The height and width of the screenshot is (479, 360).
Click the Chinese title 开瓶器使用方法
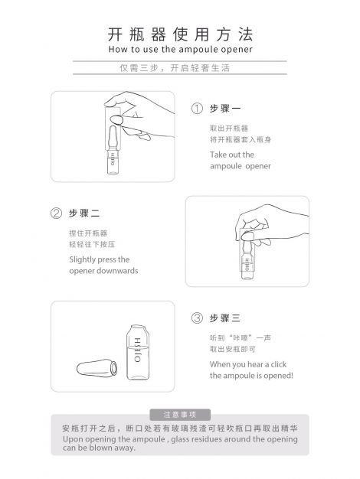click(x=180, y=34)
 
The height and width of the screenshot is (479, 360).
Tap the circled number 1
click(x=197, y=109)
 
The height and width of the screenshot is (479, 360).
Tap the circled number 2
click(x=56, y=213)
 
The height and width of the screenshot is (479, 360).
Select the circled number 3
click(x=197, y=318)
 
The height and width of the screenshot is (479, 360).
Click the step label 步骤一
click(x=225, y=109)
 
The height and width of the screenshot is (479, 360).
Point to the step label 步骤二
click(x=84, y=213)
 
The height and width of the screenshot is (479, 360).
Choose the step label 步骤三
click(x=225, y=318)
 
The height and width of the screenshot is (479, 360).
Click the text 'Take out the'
click(x=232, y=155)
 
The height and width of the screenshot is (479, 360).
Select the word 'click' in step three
click(x=278, y=364)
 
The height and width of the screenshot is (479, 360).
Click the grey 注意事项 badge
click(x=180, y=415)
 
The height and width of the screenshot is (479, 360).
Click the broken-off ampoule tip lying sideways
click(x=97, y=368)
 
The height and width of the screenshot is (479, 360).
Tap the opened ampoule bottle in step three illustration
click(x=138, y=352)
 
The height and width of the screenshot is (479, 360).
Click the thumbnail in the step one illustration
click(x=116, y=119)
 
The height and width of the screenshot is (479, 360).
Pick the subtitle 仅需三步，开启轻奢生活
click(x=175, y=68)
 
